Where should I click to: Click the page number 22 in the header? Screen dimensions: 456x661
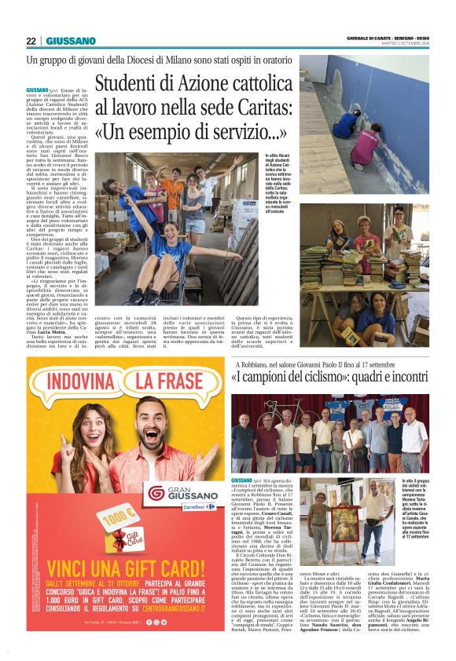[31, 41]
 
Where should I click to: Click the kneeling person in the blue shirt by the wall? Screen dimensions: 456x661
[345, 122]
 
